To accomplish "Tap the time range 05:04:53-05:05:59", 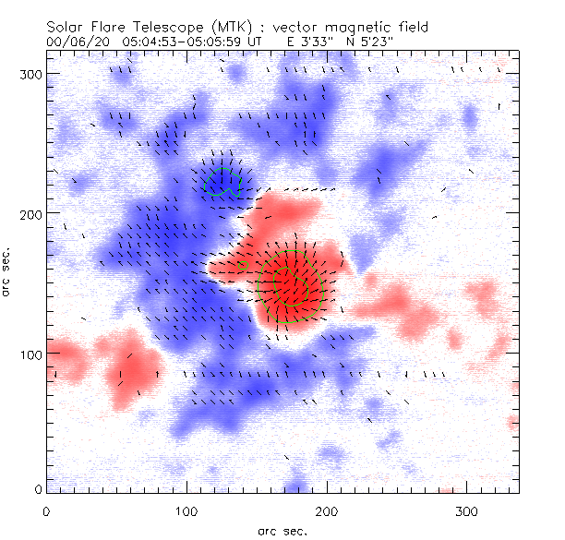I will [x=179, y=42].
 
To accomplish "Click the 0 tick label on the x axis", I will [x=46, y=510].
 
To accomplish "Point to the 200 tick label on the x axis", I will [x=327, y=510].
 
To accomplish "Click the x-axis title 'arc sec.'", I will [x=282, y=530].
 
